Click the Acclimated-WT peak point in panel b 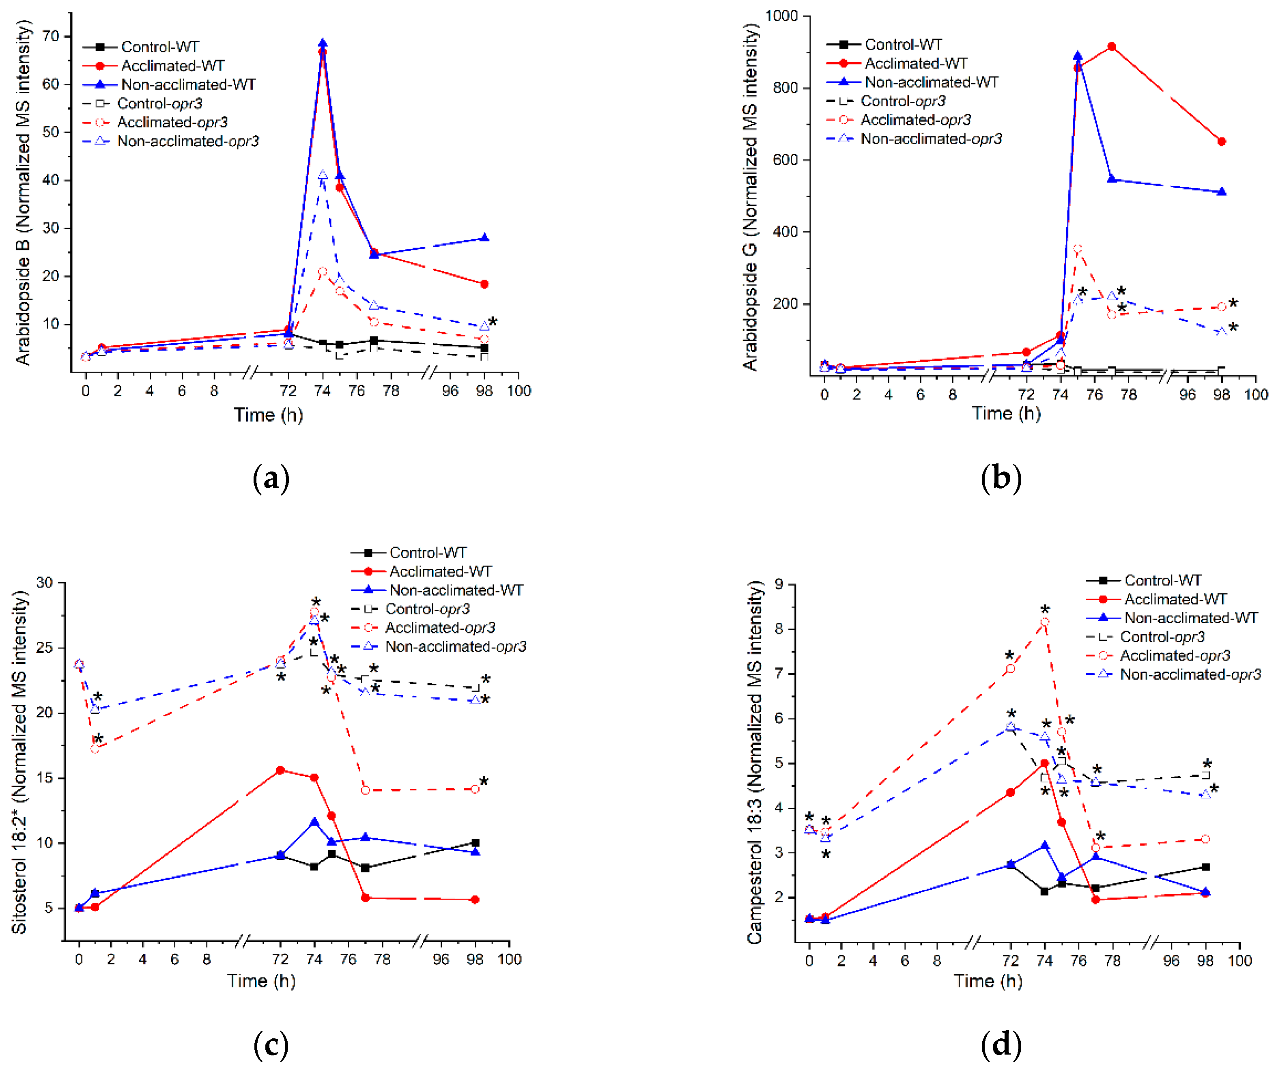tap(1111, 47)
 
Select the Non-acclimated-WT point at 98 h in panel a tap(484, 238)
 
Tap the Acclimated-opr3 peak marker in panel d tap(1044, 622)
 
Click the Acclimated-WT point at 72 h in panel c tap(280, 771)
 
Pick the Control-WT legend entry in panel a tap(159, 47)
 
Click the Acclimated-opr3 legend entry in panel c tap(439, 628)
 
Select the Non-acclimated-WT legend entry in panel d tap(1190, 618)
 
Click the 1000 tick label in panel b tap(781, 16)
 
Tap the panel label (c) tap(270, 1045)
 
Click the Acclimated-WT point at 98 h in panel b tap(1221, 142)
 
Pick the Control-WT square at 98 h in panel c tap(475, 843)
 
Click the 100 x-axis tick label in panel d tap(1239, 960)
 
